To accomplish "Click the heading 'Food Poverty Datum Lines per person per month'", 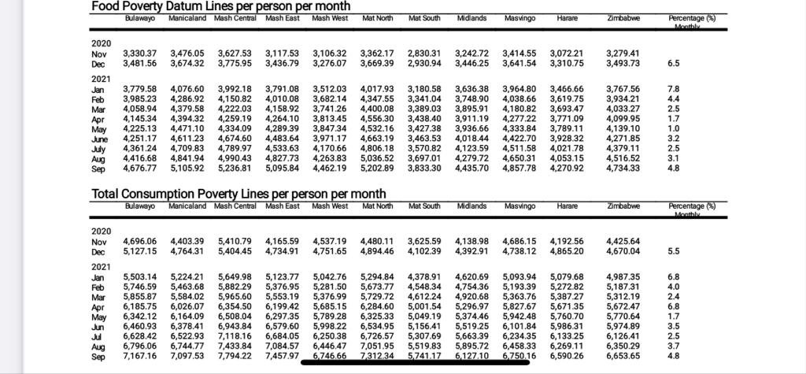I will click(x=220, y=6).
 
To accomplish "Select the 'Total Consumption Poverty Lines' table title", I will click(x=238, y=194).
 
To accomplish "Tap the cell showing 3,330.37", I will click(x=140, y=53).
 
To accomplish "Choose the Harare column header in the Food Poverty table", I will click(x=567, y=17).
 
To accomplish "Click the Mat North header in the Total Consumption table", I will click(x=377, y=206).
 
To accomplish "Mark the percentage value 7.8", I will click(x=673, y=89).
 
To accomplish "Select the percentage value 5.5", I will click(x=673, y=251).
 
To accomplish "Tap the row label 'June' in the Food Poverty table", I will click(x=100, y=139).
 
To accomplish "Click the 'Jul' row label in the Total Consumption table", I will click(x=98, y=336).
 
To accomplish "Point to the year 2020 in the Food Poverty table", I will click(x=101, y=43).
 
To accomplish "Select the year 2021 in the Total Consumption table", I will click(x=101, y=267).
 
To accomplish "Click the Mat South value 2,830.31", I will click(x=424, y=53).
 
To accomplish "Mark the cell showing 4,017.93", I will click(x=377, y=89).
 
